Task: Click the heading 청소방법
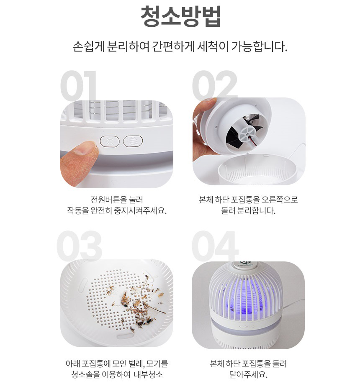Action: [x=180, y=16]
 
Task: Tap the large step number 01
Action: [x=78, y=86]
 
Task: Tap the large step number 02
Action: [x=215, y=85]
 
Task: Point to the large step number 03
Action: [x=80, y=246]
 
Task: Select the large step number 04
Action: [x=215, y=246]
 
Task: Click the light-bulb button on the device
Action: [x=110, y=141]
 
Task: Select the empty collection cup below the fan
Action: [x=257, y=169]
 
